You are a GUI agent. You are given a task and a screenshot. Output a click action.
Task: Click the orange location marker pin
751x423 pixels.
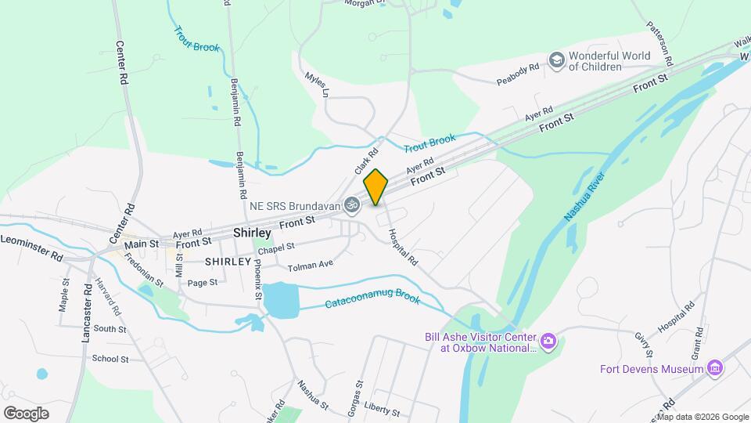pyautogui.click(x=376, y=186)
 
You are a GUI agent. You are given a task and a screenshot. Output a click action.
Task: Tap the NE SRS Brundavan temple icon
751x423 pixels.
pyautogui.click(x=352, y=204)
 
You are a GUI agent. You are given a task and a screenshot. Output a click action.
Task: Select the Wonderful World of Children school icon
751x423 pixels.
pyautogui.click(x=556, y=60)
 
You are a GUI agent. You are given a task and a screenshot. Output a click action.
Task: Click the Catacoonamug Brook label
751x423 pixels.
pyautogui.click(x=372, y=300)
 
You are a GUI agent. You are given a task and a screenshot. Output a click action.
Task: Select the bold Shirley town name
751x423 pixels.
pyautogui.click(x=252, y=233)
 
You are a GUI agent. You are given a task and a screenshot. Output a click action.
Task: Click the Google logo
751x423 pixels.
pyautogui.click(x=27, y=413)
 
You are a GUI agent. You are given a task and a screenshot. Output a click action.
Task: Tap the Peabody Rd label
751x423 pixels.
pyautogui.click(x=519, y=74)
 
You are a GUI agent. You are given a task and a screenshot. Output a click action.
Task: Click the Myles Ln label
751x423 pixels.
pyautogui.click(x=316, y=84)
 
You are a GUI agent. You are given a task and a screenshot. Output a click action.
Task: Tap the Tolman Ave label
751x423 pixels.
pyautogui.click(x=311, y=266)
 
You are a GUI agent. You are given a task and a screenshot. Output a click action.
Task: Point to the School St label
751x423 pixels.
pyautogui.click(x=110, y=359)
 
